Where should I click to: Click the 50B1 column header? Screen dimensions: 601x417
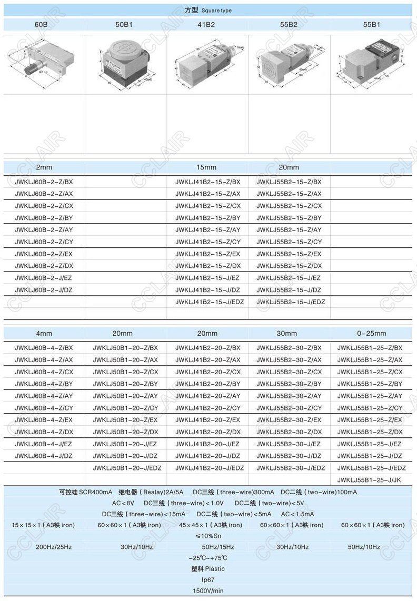[125, 24]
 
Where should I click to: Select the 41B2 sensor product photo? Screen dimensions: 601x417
[207, 65]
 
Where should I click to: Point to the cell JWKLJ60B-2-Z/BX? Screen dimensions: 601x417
[44, 182]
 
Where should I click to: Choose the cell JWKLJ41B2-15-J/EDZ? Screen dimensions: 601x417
[210, 302]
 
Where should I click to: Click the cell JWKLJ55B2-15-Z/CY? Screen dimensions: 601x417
[289, 242]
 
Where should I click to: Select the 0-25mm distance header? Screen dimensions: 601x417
[371, 333]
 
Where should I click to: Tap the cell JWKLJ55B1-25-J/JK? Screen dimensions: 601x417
[369, 480]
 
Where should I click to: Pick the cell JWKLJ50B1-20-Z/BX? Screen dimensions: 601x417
[125, 348]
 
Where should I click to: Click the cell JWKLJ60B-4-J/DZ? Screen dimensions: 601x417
[44, 456]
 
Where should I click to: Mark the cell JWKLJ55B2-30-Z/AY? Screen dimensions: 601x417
[289, 396]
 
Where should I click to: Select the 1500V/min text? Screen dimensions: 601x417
[208, 590]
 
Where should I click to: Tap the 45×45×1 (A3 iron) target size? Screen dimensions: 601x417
[211, 525]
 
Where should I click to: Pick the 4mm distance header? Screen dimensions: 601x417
[44, 333]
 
